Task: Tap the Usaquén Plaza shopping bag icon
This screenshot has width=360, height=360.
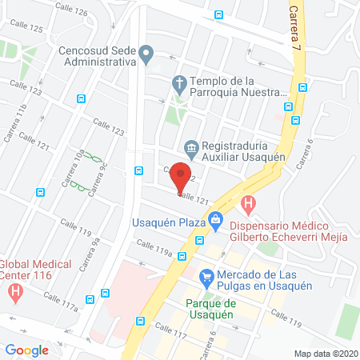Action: pos(214,219)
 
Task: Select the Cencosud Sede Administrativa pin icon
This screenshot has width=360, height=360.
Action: pos(146,55)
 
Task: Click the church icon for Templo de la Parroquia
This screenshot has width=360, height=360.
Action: pos(179,84)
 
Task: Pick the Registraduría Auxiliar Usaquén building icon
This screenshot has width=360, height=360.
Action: pos(191,149)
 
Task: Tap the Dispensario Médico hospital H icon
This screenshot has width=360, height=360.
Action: pos(249,205)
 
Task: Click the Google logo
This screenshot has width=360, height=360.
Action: pos(26,350)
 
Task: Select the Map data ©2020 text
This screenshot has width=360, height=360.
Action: pos(326,353)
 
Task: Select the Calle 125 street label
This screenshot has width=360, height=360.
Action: pos(25,27)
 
